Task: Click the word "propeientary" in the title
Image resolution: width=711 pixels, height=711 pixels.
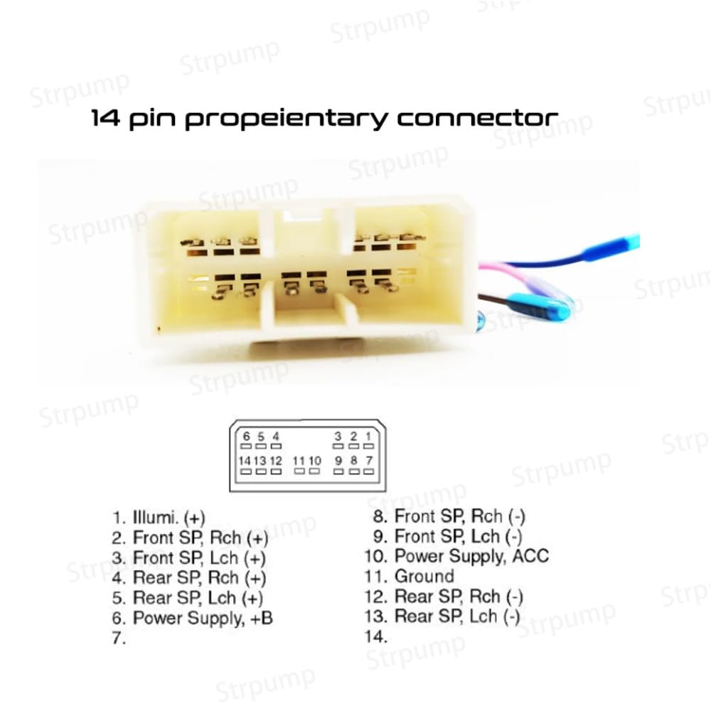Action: (x=286, y=119)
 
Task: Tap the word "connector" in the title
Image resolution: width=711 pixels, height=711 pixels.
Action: (x=478, y=118)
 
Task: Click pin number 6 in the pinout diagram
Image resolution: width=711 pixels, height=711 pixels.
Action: (x=246, y=440)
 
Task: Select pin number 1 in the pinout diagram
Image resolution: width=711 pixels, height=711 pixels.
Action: (x=368, y=440)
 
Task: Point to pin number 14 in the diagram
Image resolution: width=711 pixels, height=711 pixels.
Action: (x=245, y=465)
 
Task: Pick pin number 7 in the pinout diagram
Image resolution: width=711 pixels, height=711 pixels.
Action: (x=369, y=465)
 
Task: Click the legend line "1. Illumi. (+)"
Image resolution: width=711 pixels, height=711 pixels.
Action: (x=159, y=518)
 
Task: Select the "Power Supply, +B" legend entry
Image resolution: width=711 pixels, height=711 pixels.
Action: (x=203, y=618)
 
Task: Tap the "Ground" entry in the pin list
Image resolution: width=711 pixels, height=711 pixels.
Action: (x=424, y=577)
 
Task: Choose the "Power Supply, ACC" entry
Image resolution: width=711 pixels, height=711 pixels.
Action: (x=471, y=557)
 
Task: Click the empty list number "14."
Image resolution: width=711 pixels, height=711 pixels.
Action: (x=376, y=636)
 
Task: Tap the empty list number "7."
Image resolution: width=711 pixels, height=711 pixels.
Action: (x=119, y=638)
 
